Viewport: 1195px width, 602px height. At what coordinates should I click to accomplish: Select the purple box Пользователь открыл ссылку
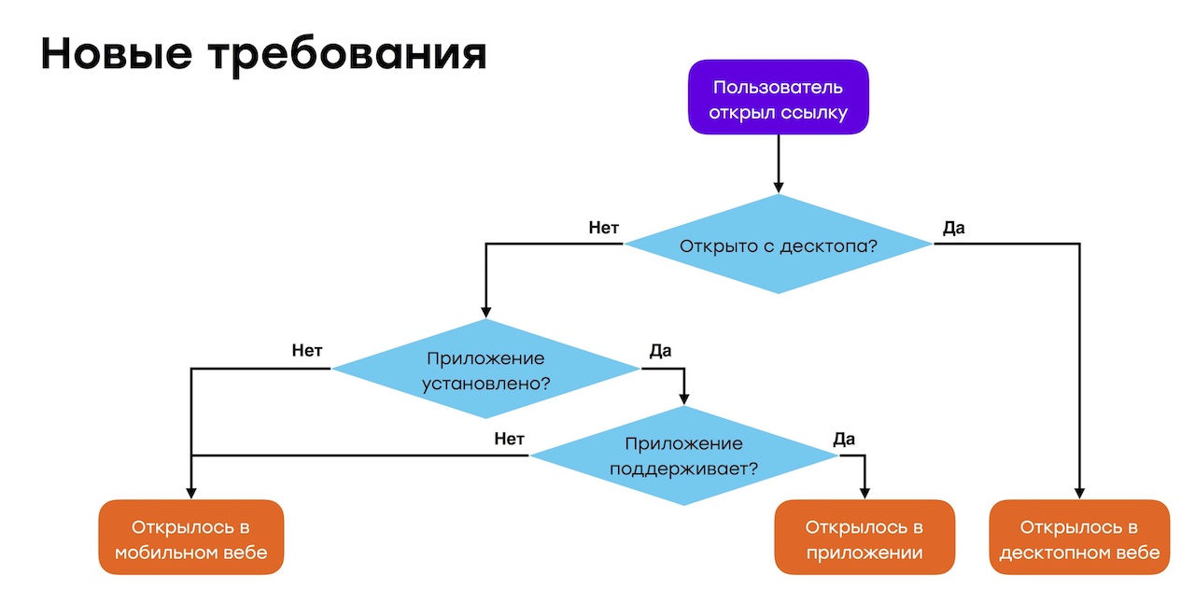778,101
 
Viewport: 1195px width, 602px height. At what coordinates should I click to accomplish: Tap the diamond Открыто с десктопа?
778,246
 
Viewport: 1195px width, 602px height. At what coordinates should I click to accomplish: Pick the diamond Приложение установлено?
485,370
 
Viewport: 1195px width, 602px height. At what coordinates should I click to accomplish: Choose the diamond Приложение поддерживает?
683,455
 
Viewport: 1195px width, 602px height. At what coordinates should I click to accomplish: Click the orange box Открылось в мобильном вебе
190,539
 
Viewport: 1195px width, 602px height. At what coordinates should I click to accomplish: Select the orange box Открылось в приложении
865,539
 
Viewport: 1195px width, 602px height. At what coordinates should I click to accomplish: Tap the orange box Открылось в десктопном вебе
1079,539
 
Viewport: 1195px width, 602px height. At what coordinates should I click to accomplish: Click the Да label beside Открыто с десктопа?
953,228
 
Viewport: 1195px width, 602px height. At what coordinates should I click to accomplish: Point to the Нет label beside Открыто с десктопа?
604,228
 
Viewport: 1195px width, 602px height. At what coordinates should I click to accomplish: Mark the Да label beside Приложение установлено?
660,351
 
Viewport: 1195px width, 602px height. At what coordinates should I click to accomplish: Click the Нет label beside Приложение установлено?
307,351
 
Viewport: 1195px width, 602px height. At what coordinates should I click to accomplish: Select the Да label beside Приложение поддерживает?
843,439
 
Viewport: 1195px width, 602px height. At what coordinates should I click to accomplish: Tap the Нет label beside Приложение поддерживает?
509,439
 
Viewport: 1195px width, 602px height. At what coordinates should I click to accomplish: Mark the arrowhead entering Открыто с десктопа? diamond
778,188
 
